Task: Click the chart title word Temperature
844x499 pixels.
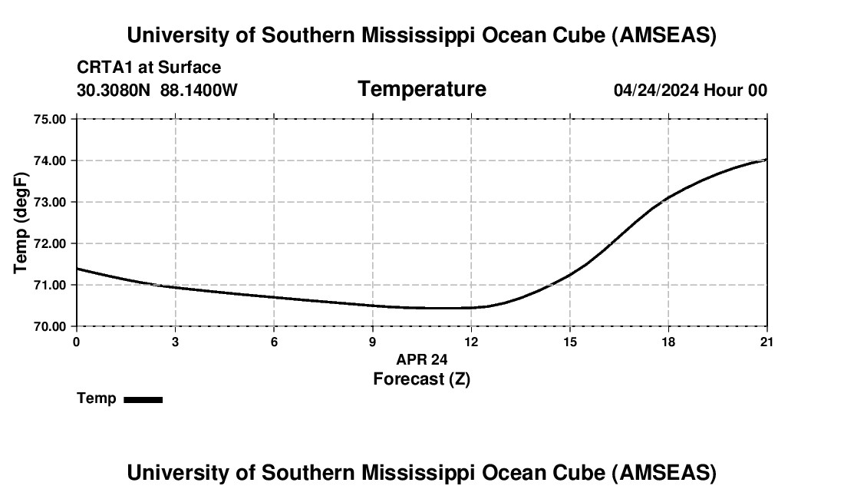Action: point(421,89)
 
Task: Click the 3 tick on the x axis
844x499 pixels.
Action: point(176,342)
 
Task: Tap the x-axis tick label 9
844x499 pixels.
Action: point(373,342)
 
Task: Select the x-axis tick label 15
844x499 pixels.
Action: point(570,342)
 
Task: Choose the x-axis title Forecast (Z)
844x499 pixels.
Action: point(421,378)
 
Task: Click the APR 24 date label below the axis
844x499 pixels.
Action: point(421,359)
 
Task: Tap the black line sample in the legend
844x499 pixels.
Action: point(143,399)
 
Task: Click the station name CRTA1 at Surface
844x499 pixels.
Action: point(149,68)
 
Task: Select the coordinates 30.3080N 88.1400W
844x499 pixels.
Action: point(157,90)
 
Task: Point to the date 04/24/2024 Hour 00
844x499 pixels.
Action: point(690,90)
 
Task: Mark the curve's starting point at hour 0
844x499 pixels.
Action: point(77,269)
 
